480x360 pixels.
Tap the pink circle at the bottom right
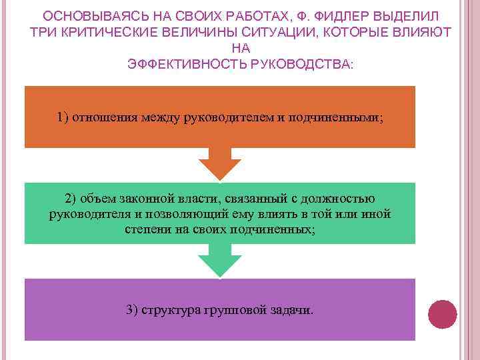coord(441,315)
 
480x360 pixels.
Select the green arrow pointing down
coord(220,260)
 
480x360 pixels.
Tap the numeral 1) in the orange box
coord(63,117)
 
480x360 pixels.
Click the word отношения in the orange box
coord(101,117)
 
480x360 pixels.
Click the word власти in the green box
coord(201,199)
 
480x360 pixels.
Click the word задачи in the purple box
coord(291,310)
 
